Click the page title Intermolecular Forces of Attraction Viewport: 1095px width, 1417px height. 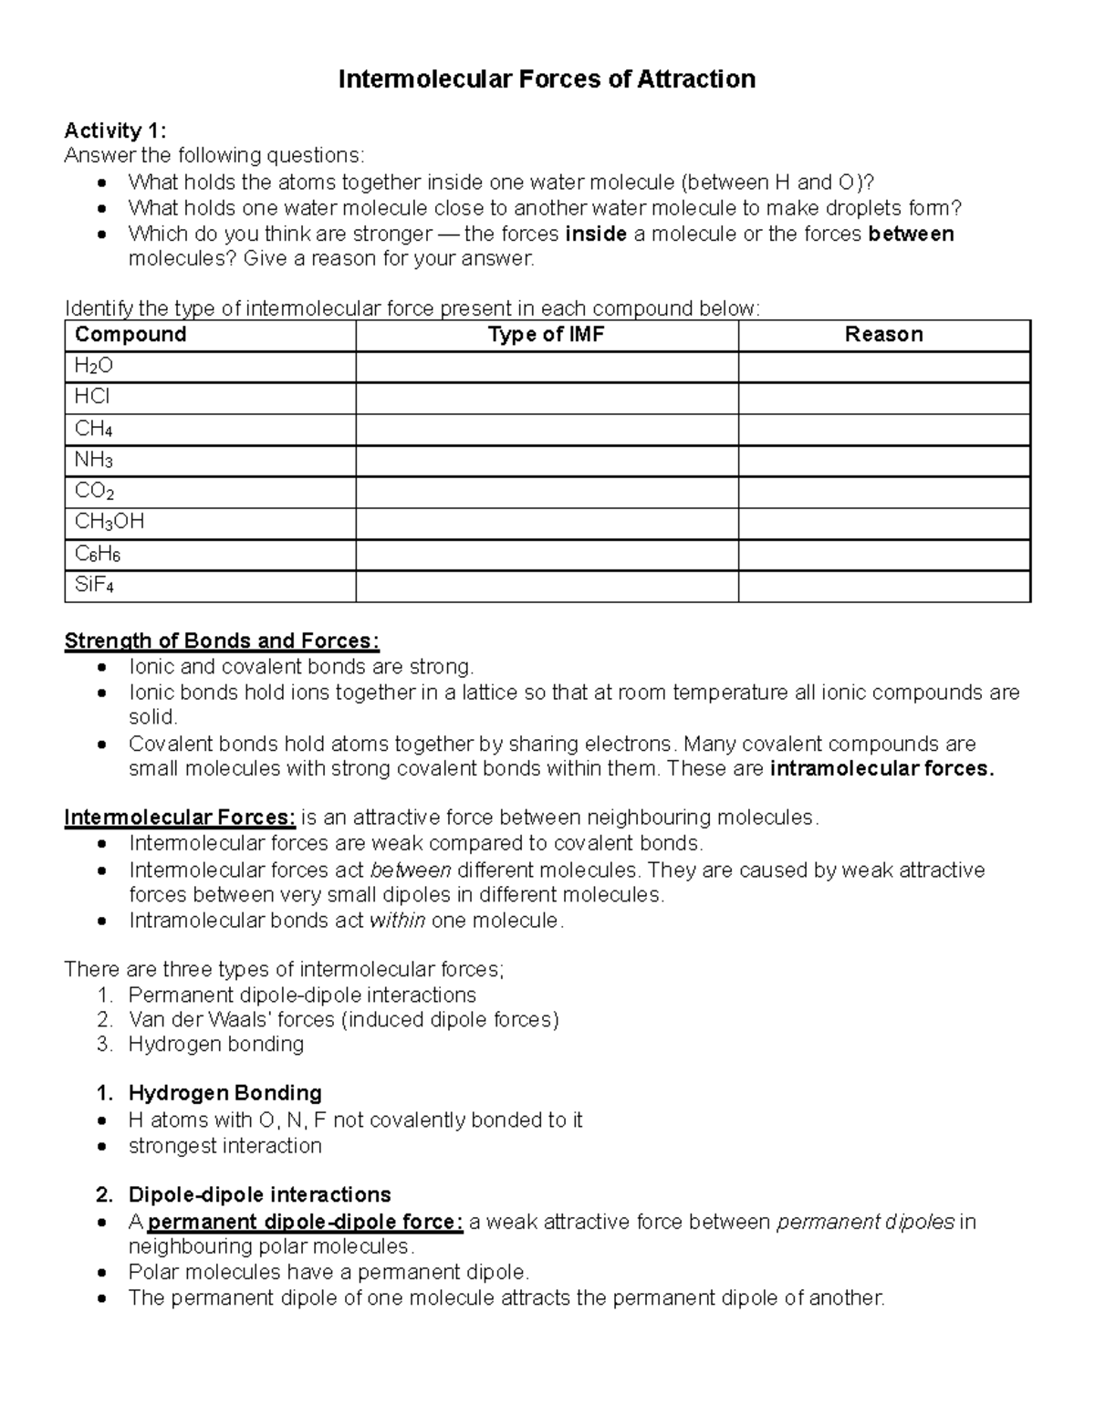(x=547, y=79)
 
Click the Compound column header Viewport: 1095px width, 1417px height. (x=130, y=335)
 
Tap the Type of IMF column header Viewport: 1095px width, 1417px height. (x=546, y=335)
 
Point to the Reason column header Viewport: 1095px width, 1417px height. (x=883, y=335)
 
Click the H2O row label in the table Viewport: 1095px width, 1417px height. (x=94, y=367)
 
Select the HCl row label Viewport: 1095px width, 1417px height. (x=92, y=397)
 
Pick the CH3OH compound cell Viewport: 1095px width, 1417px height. (x=109, y=522)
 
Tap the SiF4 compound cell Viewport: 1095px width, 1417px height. (x=94, y=585)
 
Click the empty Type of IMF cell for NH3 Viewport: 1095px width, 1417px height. (x=546, y=461)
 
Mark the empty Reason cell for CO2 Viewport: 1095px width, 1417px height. (x=883, y=492)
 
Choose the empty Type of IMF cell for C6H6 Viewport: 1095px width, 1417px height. (x=546, y=554)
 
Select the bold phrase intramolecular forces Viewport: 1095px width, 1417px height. (x=881, y=769)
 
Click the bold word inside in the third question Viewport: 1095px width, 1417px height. (x=596, y=234)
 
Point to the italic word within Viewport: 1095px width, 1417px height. (x=397, y=921)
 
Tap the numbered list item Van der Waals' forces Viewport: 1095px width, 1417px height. (x=343, y=1019)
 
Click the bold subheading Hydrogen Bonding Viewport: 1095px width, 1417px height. (x=224, y=1093)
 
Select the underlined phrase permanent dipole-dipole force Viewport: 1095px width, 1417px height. (x=306, y=1223)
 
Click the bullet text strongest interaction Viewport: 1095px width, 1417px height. (x=224, y=1146)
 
